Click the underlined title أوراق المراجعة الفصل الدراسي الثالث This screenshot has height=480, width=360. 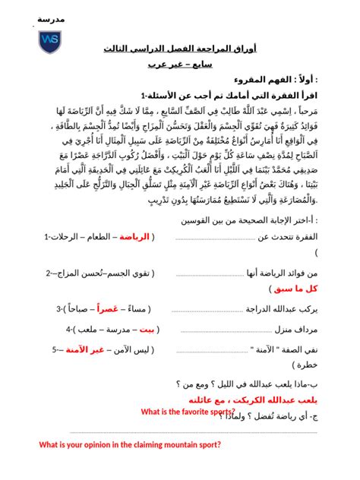(x=179, y=49)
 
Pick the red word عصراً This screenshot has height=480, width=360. (x=106, y=308)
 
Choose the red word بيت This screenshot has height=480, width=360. (x=141, y=329)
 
